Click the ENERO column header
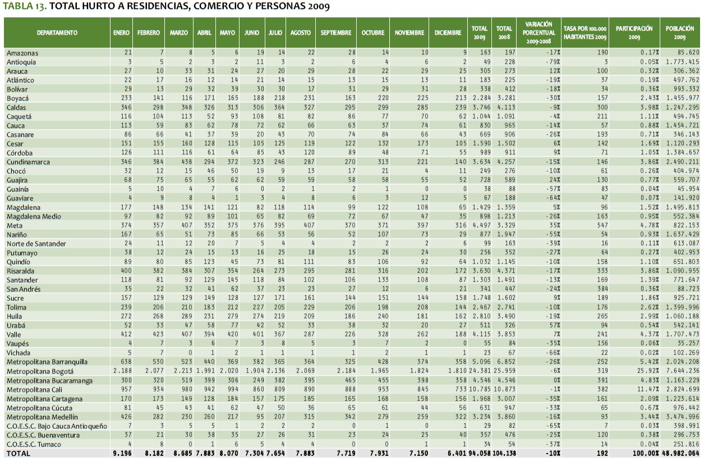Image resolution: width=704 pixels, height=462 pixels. [x=121, y=33]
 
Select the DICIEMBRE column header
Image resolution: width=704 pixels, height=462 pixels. [x=448, y=33]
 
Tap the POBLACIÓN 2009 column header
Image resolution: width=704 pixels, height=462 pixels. [x=682, y=33]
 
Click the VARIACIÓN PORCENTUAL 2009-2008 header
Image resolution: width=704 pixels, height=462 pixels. [x=539, y=33]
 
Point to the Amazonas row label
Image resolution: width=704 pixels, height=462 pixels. [x=22, y=52]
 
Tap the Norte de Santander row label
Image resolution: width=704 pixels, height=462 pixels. [x=36, y=244]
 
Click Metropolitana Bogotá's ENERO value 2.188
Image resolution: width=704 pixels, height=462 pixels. [x=121, y=372]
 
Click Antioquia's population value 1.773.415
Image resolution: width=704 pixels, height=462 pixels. [x=680, y=61]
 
